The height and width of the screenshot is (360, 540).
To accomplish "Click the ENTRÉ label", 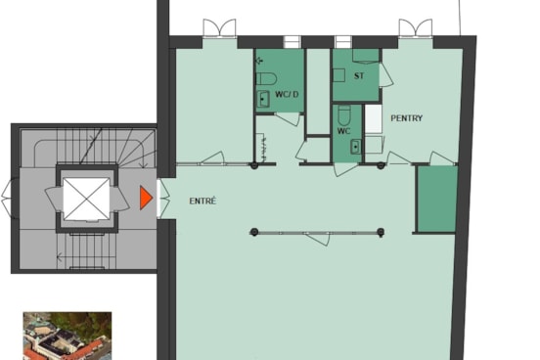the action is pyautogui.click(x=202, y=201).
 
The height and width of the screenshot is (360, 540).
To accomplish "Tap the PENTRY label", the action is pyautogui.click(x=406, y=118).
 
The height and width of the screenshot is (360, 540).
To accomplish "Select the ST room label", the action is pyautogui.click(x=359, y=75).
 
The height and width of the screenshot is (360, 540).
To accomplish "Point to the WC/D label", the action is pyautogui.click(x=287, y=94).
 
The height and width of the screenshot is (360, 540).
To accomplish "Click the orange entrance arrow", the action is pyautogui.click(x=146, y=198).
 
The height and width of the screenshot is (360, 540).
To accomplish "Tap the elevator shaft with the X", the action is pyautogui.click(x=86, y=199).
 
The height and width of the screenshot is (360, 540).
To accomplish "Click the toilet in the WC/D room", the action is pyautogui.click(x=266, y=79).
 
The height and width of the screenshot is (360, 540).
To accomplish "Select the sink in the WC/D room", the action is pyautogui.click(x=263, y=99).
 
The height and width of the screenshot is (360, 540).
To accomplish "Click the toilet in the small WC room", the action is pyautogui.click(x=344, y=115).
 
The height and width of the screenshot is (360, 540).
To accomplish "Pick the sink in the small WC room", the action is pyautogui.click(x=356, y=147).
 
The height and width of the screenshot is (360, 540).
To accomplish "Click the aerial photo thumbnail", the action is pyautogui.click(x=67, y=336).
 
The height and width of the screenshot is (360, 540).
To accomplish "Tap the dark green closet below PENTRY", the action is pyautogui.click(x=436, y=200).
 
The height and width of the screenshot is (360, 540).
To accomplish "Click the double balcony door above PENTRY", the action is pyautogui.click(x=416, y=28).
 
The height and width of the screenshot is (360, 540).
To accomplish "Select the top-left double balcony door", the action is pyautogui.click(x=219, y=28).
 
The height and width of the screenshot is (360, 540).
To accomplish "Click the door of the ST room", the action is pyautogui.click(x=385, y=75).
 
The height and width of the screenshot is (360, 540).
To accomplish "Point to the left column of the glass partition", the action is pyautogui.click(x=254, y=232).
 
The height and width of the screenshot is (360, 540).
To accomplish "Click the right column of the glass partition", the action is pyautogui.click(x=381, y=232).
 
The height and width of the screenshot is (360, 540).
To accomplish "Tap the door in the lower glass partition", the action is pyautogui.click(x=317, y=239).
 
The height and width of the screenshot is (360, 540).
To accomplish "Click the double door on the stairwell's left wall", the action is pyautogui.click(x=10, y=198).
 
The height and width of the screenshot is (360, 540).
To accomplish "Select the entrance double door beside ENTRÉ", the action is pyautogui.click(x=163, y=198).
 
